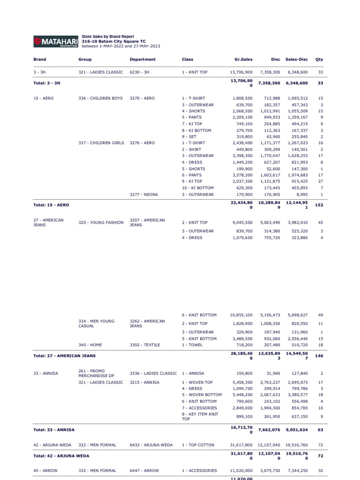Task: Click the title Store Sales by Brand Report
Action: [x=108, y=36]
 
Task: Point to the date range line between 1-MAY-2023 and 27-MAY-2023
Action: [x=121, y=46]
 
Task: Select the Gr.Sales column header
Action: [x=243, y=60]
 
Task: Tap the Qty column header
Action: [x=319, y=60]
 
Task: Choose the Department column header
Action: [x=142, y=60]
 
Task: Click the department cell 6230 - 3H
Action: [x=139, y=72]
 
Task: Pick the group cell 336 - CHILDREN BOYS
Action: [x=100, y=98]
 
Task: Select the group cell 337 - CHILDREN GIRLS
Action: [x=101, y=142]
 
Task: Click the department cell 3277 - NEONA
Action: [x=143, y=194]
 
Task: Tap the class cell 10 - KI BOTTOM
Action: [x=198, y=187]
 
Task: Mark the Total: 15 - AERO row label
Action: [x=52, y=205]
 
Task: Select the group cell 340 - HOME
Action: [x=90, y=345]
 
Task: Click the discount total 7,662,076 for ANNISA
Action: [x=269, y=429]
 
